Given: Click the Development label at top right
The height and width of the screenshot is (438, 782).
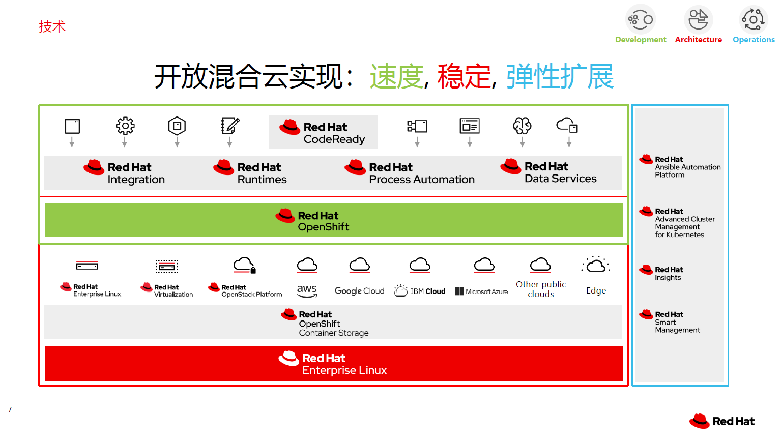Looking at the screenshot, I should (x=640, y=40).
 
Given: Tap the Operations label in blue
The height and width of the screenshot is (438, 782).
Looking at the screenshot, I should (x=753, y=40).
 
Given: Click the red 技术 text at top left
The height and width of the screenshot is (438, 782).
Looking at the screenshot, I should (x=52, y=26).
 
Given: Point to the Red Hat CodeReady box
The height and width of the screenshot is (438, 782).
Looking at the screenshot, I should (x=324, y=132).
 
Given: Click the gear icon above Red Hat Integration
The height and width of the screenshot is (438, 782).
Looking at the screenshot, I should (x=125, y=126).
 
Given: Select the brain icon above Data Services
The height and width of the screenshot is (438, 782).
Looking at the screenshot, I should (x=522, y=125).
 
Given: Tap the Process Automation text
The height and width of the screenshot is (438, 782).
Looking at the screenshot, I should (x=421, y=180).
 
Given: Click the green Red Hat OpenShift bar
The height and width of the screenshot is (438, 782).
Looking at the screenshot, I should (x=334, y=220).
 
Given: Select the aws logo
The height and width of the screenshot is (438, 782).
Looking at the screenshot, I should (x=307, y=290).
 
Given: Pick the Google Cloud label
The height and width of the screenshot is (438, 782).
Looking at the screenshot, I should (x=359, y=291).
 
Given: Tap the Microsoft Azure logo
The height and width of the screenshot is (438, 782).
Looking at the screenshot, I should (x=481, y=291).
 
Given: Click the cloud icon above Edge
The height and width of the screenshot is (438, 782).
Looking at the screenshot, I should (x=595, y=265).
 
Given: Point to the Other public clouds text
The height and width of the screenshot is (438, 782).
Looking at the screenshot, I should (x=540, y=289).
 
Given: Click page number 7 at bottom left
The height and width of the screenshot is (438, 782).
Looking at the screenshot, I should (x=10, y=410).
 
